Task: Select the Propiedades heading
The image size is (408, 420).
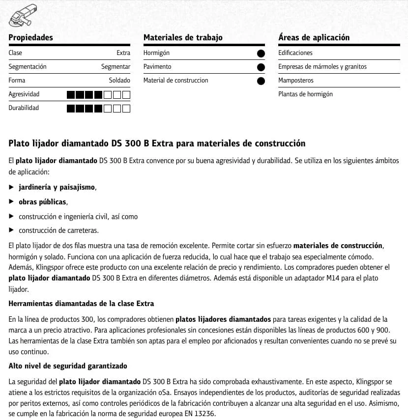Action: click(30, 37)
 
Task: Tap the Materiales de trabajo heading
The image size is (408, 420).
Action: click(183, 37)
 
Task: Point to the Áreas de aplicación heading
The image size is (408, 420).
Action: click(314, 37)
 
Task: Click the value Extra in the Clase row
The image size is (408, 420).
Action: click(123, 53)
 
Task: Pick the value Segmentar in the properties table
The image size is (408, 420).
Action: click(116, 67)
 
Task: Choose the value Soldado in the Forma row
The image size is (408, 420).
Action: click(119, 81)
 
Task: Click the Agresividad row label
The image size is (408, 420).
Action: click(24, 94)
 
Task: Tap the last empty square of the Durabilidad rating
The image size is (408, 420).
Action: click(126, 108)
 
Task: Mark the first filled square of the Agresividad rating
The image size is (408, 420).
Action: click(70, 94)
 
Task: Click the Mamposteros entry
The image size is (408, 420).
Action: click(295, 81)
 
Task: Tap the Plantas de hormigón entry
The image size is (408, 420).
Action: click(305, 94)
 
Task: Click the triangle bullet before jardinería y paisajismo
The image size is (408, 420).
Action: click(12, 188)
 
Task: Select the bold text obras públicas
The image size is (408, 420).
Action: click(42, 202)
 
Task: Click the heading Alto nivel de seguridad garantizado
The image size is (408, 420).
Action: click(68, 366)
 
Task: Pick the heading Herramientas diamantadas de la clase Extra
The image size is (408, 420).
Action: click(81, 304)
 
